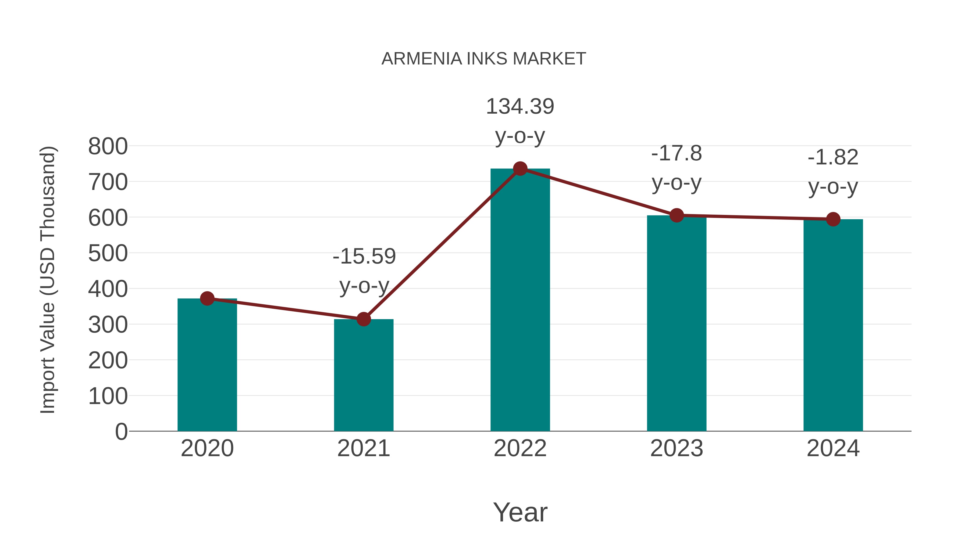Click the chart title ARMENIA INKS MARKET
(484, 59)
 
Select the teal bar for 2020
(207, 366)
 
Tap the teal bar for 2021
(363, 376)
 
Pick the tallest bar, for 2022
(520, 300)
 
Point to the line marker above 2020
(207, 298)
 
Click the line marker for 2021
(363, 319)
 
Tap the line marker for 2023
(677, 215)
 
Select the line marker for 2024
(833, 219)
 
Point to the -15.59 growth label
(364, 257)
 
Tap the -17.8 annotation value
(677, 154)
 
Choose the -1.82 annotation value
(833, 157)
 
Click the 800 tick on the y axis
(108, 146)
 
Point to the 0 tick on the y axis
(121, 432)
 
